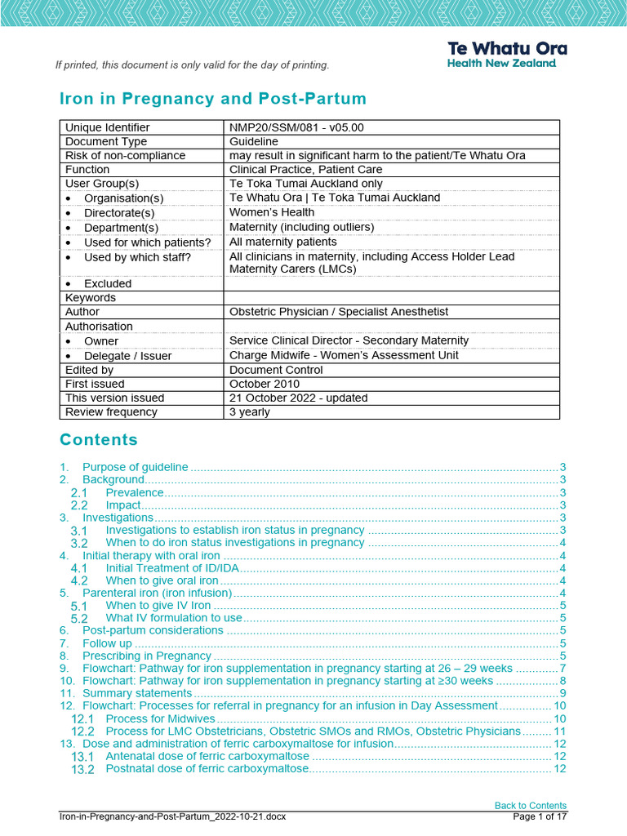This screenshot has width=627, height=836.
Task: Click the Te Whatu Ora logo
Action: click(x=506, y=55)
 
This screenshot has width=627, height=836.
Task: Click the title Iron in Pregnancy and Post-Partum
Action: click(x=213, y=99)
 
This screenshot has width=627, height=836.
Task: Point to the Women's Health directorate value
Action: click(x=272, y=212)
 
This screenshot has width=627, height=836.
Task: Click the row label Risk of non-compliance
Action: click(x=125, y=155)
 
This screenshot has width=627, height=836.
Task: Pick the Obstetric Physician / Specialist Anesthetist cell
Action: click(x=339, y=312)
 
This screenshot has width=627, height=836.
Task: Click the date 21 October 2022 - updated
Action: click(x=299, y=398)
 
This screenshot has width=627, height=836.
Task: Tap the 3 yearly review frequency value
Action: click(x=250, y=412)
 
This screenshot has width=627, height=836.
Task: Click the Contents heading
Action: click(x=99, y=440)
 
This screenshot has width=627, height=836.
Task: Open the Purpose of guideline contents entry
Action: click(x=135, y=467)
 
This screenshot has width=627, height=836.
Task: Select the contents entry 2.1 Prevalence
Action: click(x=134, y=492)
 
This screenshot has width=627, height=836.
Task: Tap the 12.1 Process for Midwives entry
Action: click(x=160, y=718)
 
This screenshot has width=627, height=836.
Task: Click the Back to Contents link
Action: click(x=530, y=805)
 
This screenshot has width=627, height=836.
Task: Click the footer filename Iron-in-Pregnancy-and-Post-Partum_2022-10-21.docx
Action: click(x=172, y=816)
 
